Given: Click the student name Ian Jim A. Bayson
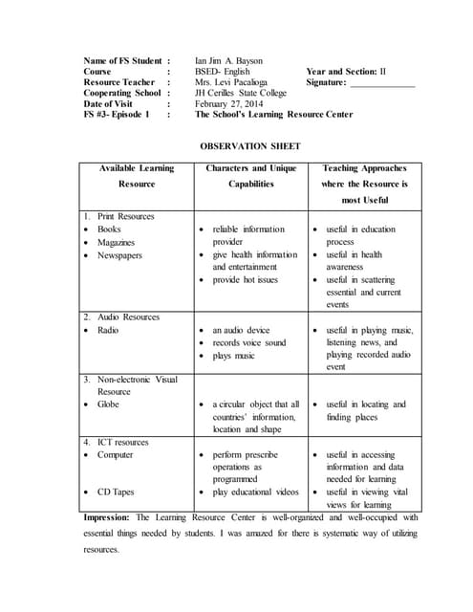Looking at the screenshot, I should tap(229, 59).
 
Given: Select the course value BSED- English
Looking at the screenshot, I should tap(225, 71).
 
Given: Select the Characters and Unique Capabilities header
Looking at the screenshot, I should tap(250, 176).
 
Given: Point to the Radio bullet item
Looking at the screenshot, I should tap(109, 330).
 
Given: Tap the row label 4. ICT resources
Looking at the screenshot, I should tap(120, 443).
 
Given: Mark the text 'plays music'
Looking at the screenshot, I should tap(233, 356).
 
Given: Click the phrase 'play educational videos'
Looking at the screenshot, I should tap(255, 492).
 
